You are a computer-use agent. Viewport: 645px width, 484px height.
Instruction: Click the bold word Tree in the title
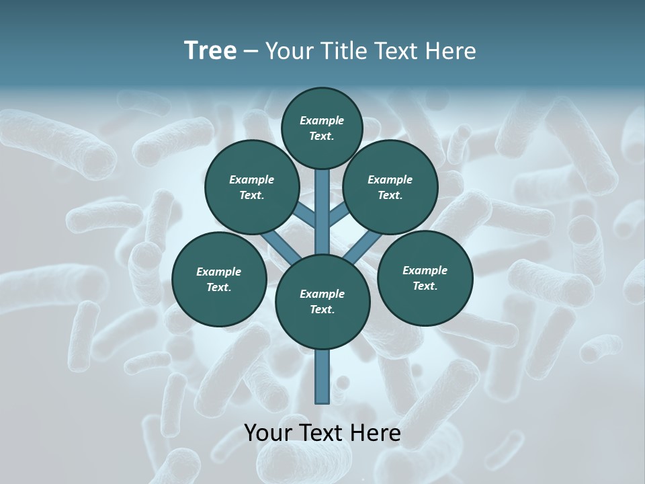tap(210, 50)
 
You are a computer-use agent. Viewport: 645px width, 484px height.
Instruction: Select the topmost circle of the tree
tap(322, 128)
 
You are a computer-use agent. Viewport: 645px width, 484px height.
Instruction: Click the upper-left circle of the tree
tap(251, 187)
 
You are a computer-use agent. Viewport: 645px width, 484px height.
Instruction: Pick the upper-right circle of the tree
tap(390, 187)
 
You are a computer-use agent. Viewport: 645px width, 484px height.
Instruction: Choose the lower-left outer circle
tap(219, 279)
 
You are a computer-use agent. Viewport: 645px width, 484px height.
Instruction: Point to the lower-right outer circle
tap(425, 278)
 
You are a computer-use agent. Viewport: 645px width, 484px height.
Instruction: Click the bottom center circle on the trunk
tap(322, 302)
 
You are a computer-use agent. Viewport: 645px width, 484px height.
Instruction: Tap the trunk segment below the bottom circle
tap(322, 376)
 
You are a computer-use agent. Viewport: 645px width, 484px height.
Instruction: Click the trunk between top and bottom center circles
tap(322, 212)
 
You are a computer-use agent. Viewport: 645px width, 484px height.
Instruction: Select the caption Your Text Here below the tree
tap(322, 433)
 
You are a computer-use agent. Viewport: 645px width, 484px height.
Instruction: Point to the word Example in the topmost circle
tap(322, 121)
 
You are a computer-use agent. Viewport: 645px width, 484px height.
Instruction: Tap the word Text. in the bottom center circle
tap(322, 310)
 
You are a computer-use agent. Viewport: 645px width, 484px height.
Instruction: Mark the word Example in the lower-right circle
tap(425, 270)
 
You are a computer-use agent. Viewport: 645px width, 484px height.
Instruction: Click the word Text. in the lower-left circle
tap(219, 288)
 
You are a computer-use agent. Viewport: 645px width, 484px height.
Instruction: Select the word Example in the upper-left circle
tap(251, 179)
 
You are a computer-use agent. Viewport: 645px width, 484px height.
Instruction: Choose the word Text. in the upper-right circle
tap(390, 196)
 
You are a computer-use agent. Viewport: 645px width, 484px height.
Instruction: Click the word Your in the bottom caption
tap(268, 433)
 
